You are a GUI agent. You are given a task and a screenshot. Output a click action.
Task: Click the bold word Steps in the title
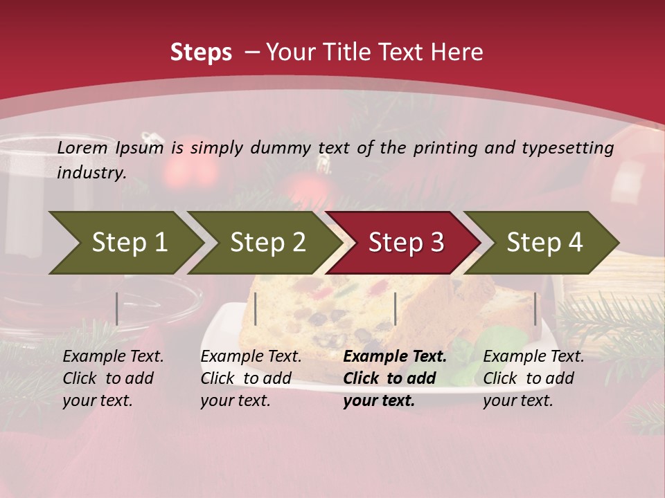pos(201,52)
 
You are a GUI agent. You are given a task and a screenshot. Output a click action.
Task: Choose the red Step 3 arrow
pos(405,242)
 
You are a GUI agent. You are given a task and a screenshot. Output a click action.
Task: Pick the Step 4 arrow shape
pos(544,242)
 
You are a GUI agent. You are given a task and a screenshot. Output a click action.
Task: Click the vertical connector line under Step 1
pos(117,308)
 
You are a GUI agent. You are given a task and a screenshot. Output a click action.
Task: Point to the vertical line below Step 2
pos(256,308)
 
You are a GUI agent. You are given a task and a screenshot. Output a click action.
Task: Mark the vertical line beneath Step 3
pos(395,308)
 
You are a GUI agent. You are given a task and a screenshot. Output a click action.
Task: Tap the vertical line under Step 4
pos(535,308)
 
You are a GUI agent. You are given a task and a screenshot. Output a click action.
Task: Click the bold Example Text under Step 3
pos(395,378)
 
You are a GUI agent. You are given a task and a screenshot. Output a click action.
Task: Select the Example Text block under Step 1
pos(113,378)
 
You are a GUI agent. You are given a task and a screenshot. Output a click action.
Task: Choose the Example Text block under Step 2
pos(251,378)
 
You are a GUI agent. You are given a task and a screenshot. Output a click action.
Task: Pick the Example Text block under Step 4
pos(533,378)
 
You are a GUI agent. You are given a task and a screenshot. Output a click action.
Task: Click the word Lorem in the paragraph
pos(82,147)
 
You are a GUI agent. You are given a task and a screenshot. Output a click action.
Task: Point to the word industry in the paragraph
pos(91,172)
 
